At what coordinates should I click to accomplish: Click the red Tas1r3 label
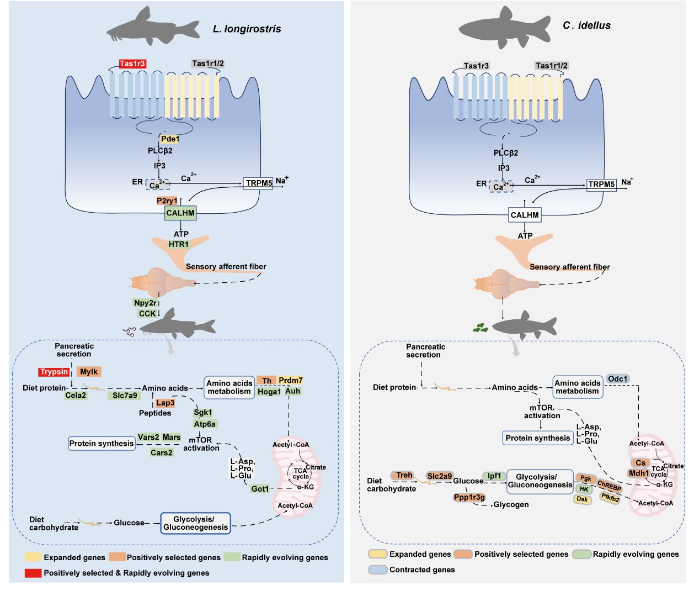click(132, 64)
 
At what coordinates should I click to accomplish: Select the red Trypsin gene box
click(54, 372)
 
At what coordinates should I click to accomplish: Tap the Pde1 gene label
click(170, 139)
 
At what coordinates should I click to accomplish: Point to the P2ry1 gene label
click(167, 201)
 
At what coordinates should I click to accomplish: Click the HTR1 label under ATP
click(179, 244)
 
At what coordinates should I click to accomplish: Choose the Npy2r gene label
click(145, 303)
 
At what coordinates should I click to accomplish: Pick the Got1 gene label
click(260, 489)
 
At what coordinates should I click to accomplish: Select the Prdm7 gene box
click(290, 380)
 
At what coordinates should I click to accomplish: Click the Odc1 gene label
click(618, 379)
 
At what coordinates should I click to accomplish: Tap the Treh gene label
click(404, 475)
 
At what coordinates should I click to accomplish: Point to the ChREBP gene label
click(610, 486)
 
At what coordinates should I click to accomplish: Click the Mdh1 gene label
click(639, 473)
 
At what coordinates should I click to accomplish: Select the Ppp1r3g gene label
click(469, 497)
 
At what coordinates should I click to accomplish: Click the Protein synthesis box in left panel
click(102, 443)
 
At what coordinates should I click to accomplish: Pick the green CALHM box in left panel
click(180, 213)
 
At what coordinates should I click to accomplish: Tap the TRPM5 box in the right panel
click(601, 185)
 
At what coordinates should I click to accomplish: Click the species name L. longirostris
click(247, 29)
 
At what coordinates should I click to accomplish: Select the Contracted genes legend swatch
click(378, 570)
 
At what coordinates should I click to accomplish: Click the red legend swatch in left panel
click(33, 573)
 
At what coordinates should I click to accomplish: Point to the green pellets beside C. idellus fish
click(481, 328)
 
